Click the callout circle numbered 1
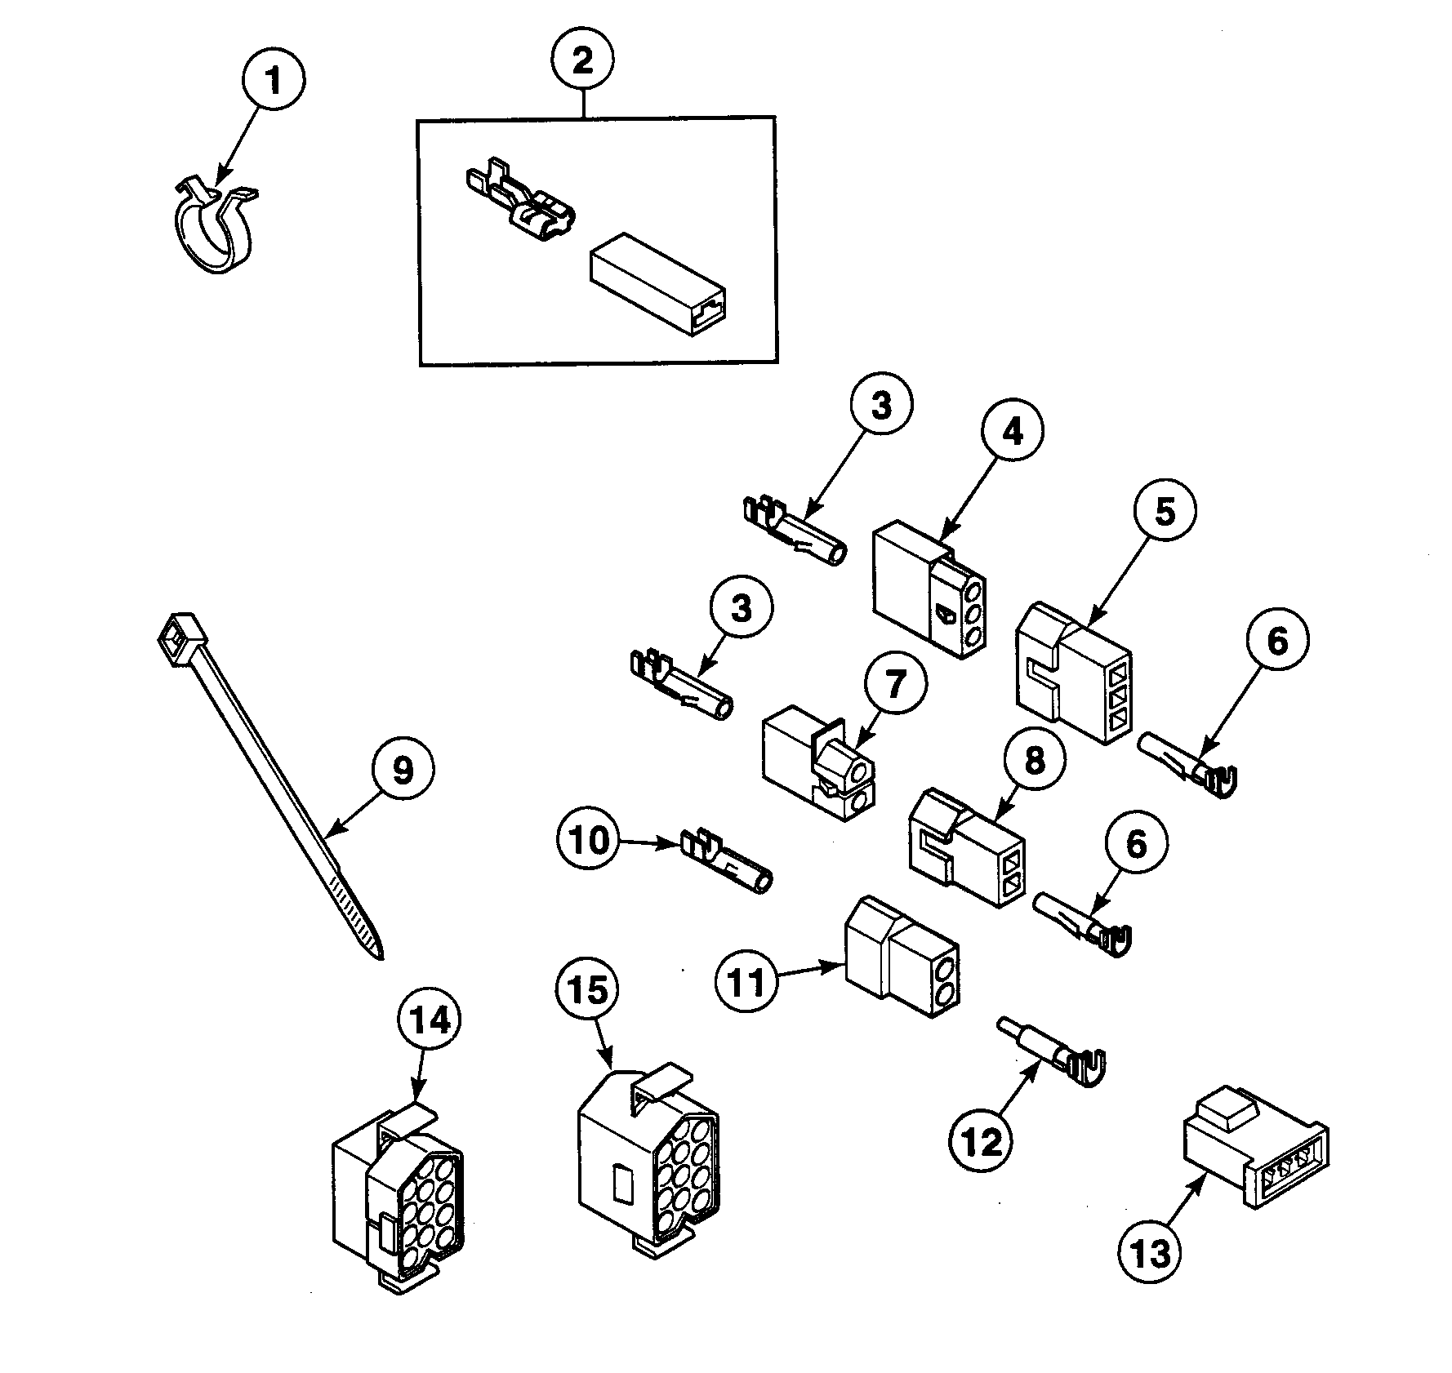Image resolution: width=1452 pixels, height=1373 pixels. pyautogui.click(x=274, y=81)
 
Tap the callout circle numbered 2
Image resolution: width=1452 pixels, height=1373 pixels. pyautogui.click(x=583, y=60)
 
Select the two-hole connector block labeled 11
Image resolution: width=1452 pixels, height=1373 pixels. pyautogui.click(x=901, y=954)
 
